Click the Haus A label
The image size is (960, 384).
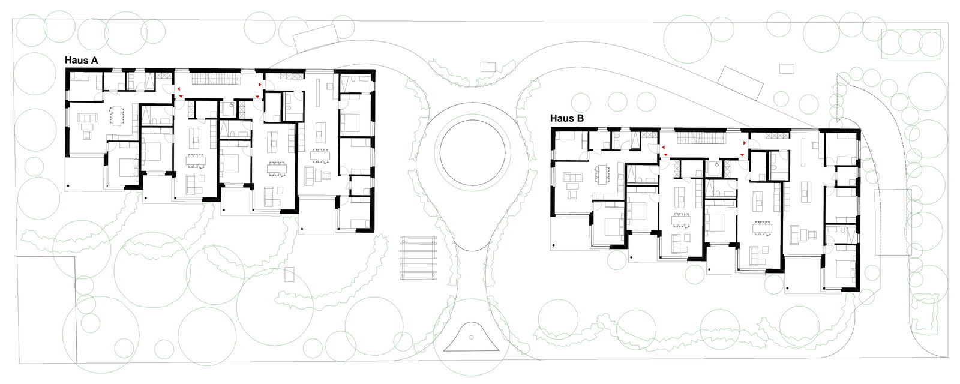(x=82, y=61)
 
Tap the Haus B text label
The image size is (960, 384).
(x=567, y=118)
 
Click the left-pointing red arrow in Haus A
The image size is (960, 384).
(x=178, y=89)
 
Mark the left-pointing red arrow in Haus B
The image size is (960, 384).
(x=664, y=147)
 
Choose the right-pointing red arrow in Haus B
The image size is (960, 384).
(x=745, y=143)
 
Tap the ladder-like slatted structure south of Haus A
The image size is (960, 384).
(x=418, y=257)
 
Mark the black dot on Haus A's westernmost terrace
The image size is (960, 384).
(x=68, y=186)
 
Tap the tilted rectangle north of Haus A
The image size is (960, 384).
(x=316, y=37)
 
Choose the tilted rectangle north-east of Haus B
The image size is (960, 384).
(x=741, y=83)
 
